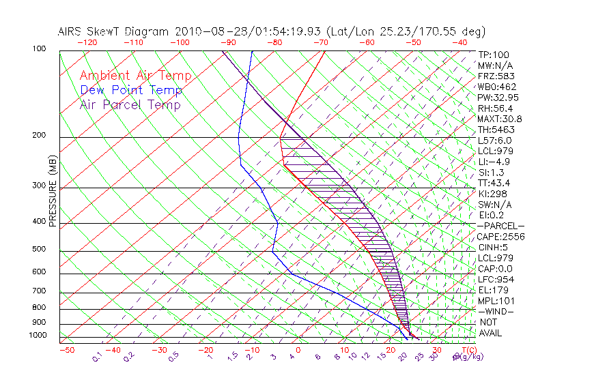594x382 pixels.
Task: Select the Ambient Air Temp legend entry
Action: pyautogui.click(x=136, y=76)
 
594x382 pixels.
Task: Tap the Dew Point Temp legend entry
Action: pyautogui.click(x=131, y=90)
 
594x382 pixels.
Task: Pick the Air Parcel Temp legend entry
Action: pyautogui.click(x=130, y=104)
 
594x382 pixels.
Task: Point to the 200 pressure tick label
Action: pyautogui.click(x=39, y=135)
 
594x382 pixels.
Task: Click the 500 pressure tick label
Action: pyautogui.click(x=39, y=249)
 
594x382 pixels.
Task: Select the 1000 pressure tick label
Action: pyautogui.click(x=38, y=336)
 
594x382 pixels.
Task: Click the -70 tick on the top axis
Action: pyautogui.click(x=320, y=42)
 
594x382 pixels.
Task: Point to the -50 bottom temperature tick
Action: pyautogui.click(x=66, y=350)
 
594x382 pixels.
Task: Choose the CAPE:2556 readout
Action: pyautogui.click(x=500, y=237)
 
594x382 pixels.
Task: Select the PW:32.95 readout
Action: pyautogui.click(x=498, y=98)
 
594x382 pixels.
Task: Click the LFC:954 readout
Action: pyautogui.click(x=496, y=280)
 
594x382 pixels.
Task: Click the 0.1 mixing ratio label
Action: pyautogui.click(x=97, y=357)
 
